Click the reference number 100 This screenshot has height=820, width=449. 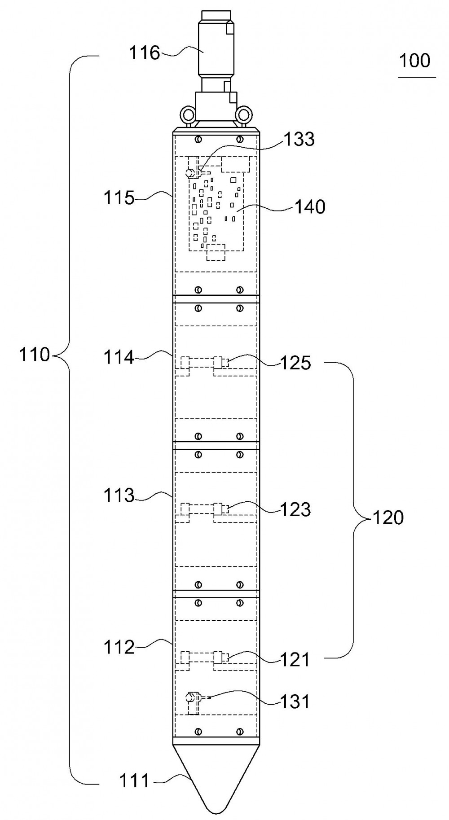click(x=415, y=60)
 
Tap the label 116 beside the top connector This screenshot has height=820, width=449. click(x=145, y=53)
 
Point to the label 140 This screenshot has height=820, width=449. click(x=310, y=207)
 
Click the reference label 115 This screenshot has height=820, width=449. click(x=119, y=197)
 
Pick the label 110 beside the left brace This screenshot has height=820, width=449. click(x=34, y=355)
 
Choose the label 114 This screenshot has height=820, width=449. click(x=119, y=358)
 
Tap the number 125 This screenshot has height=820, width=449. click(x=295, y=363)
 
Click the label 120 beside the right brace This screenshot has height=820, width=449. click(x=388, y=518)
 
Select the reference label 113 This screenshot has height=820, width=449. click(x=119, y=496)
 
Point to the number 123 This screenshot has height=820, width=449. click(x=295, y=509)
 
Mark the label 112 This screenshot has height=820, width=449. click(x=119, y=647)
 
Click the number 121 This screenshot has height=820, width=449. click(x=295, y=659)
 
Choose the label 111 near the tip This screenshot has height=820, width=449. click(x=134, y=781)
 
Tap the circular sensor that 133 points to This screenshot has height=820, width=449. click(x=190, y=172)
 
